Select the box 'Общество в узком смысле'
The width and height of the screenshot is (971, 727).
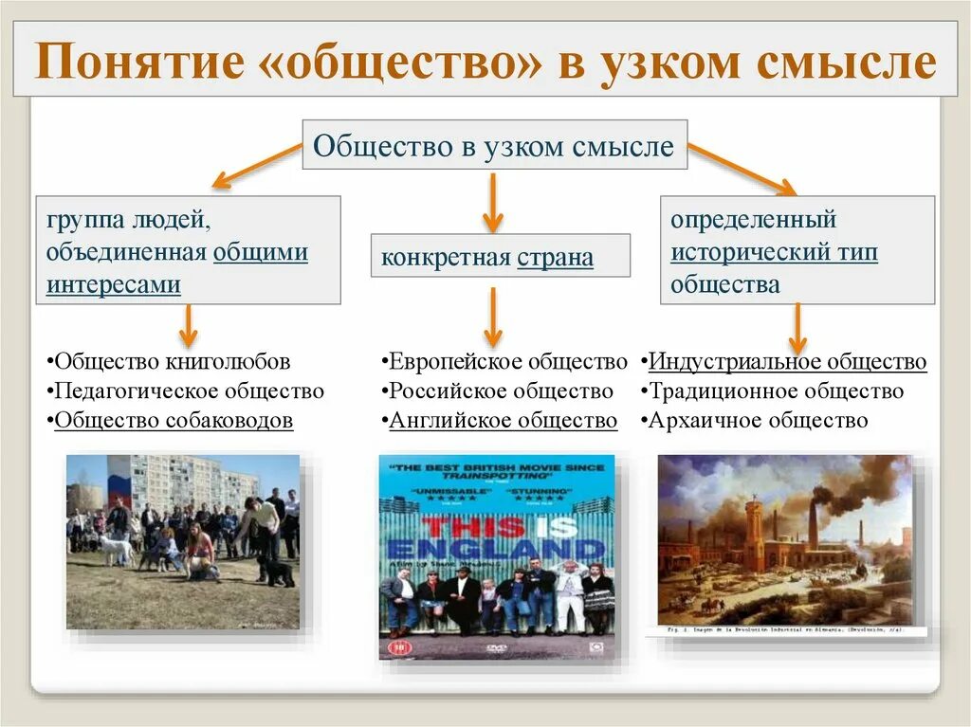494,145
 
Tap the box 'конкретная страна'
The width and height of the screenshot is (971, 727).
500,257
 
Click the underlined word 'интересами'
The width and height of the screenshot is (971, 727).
113,284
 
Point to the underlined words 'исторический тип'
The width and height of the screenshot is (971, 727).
774,253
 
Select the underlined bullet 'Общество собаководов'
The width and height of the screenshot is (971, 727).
174,420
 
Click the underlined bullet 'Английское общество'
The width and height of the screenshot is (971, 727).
504,420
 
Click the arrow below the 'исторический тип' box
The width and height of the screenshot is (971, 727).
797,328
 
